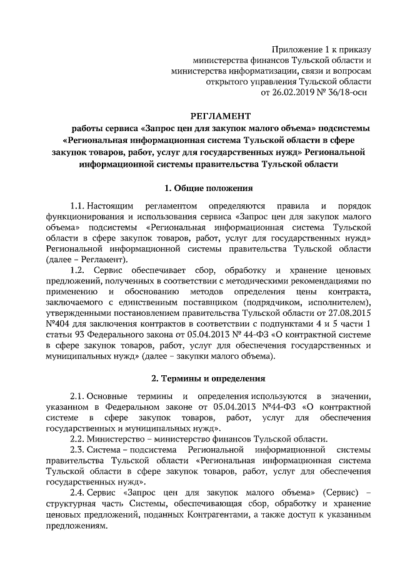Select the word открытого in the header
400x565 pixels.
tap(226, 82)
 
